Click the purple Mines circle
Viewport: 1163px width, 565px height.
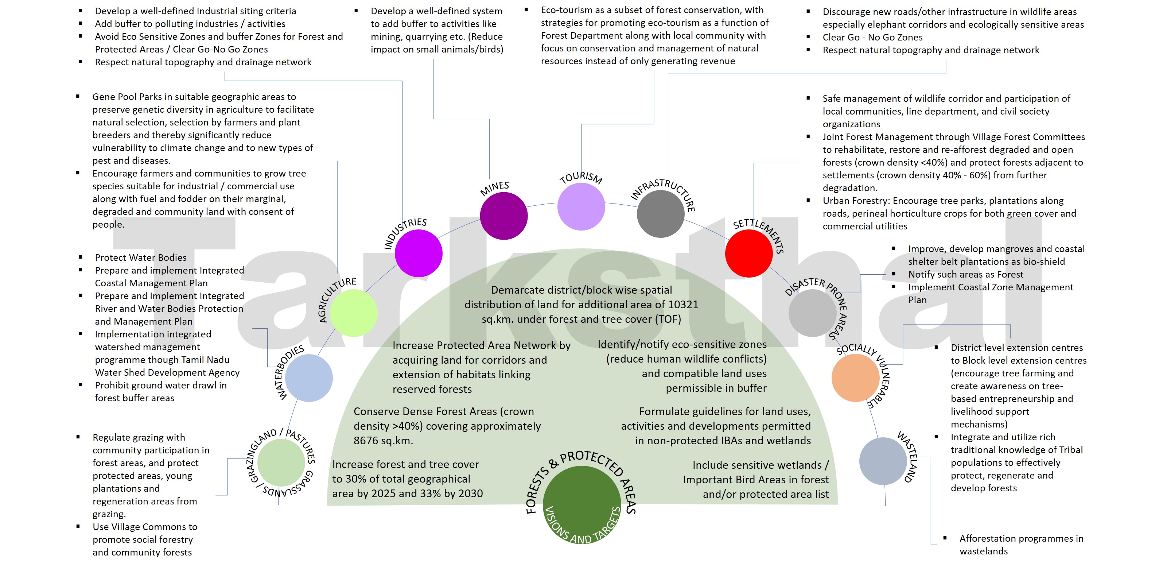[x=503, y=216]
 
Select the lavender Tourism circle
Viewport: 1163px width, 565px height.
[x=581, y=206]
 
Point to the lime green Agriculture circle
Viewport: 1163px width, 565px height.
[x=354, y=313]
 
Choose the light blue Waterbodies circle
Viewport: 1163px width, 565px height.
[x=309, y=378]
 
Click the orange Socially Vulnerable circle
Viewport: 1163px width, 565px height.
[x=855, y=378]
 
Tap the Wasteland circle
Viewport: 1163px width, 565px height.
[x=883, y=461]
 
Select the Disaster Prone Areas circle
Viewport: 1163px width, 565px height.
[x=812, y=313]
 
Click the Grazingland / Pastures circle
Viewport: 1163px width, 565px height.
[x=281, y=463]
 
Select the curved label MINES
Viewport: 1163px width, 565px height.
[x=494, y=188]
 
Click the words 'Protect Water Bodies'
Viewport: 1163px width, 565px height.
[x=140, y=258]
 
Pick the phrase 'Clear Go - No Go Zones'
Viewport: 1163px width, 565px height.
[x=872, y=37]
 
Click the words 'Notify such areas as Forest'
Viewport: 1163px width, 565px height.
[x=965, y=274]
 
